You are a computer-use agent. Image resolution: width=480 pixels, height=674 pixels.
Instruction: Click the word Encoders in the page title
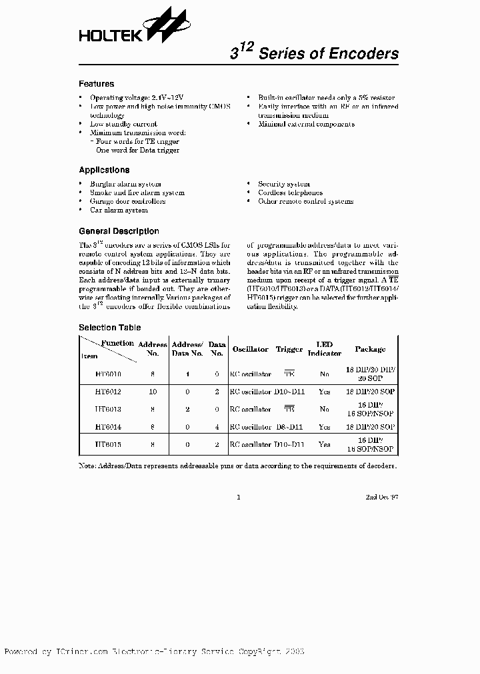[x=363, y=54]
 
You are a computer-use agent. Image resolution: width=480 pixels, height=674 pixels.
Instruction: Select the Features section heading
[x=96, y=84]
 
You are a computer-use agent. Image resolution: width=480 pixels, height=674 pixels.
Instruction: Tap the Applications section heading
[x=104, y=170]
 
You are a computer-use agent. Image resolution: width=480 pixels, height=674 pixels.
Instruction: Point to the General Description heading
[x=119, y=231]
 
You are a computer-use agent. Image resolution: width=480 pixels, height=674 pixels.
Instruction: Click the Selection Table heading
[x=110, y=328]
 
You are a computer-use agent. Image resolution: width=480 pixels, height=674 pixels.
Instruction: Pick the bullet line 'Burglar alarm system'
[x=125, y=184]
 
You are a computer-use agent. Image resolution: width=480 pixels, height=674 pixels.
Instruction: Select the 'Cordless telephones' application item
[x=290, y=192]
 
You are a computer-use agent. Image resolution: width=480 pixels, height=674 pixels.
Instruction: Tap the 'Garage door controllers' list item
[x=127, y=201]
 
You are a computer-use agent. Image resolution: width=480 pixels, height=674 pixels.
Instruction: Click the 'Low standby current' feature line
[x=123, y=124]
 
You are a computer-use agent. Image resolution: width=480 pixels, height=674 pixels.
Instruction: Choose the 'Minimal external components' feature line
[x=306, y=124]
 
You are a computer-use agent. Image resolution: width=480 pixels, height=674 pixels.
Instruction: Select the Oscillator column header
[x=250, y=349]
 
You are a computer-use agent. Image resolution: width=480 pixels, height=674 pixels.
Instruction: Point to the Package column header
[x=370, y=349]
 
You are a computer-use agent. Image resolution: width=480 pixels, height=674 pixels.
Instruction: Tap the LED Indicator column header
[x=325, y=349]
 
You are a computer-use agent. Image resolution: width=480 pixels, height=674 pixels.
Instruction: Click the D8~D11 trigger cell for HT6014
[x=289, y=427]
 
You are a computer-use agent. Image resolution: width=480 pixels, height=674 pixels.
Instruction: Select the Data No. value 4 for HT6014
[x=217, y=427]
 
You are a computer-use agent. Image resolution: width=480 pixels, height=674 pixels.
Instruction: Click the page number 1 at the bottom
[x=238, y=497]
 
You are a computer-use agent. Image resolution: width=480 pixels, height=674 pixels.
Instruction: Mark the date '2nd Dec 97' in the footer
[x=382, y=497]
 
